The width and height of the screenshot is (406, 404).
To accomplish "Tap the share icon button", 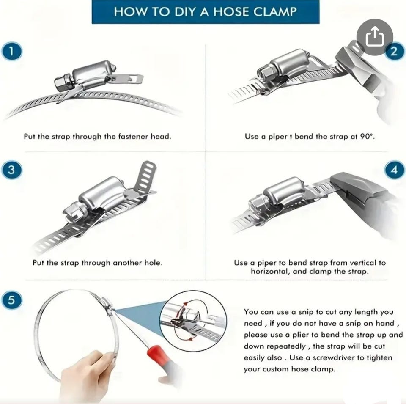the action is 375,37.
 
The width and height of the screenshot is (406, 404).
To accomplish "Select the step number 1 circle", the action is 12,52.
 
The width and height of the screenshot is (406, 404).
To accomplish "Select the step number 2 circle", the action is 394,51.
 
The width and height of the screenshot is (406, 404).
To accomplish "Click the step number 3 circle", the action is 12,170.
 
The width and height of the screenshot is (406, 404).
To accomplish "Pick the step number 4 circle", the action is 394,170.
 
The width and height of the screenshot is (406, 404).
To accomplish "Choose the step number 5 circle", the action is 12,300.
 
